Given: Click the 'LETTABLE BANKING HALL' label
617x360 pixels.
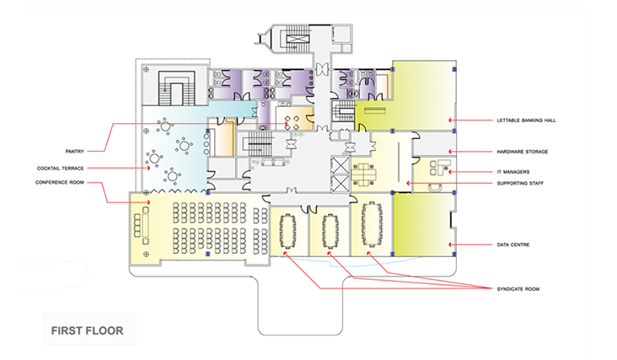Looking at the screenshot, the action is pos(526,121).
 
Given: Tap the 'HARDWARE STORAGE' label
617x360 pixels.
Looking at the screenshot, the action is pos(522,152).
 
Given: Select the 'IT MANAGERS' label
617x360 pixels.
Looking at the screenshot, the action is pos(513,172).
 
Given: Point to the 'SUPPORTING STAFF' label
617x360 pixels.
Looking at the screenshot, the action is pos(520,183).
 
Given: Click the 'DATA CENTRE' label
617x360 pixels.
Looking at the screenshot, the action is pos(513,244).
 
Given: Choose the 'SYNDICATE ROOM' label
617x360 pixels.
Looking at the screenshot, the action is pos(518,289).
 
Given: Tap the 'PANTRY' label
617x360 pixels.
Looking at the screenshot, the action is pos(75,152).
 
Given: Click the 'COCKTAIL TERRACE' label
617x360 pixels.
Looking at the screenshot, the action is pos(61,169).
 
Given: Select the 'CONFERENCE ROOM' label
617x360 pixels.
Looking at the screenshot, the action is pos(60,183).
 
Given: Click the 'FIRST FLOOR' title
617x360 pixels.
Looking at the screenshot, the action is pos(88,330).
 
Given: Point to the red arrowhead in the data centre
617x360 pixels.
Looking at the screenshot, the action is pos(450,244).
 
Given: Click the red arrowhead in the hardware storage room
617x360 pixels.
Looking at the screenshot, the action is pos(450,152).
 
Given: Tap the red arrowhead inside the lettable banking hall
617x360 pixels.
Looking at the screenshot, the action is pos(450,121).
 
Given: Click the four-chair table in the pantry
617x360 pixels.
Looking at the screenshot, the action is pos(292,123).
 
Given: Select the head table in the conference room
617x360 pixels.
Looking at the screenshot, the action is pos(146,224).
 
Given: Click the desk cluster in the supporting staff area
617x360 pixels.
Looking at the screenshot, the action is pos(363,175).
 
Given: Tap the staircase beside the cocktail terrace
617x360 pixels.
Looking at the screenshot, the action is pos(177,89).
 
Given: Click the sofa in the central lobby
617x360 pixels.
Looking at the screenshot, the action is pos(273,162).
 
